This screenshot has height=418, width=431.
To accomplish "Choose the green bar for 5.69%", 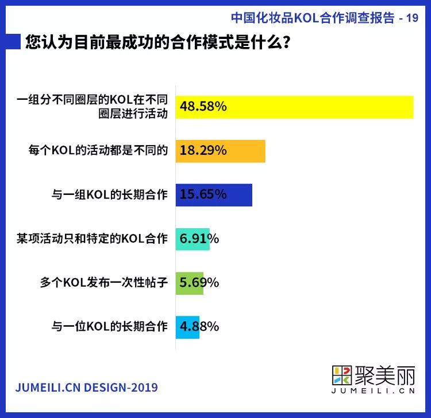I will click(x=190, y=283).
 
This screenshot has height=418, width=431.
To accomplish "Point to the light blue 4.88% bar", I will click(x=187, y=327).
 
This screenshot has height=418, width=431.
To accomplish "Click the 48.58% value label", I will click(x=203, y=107).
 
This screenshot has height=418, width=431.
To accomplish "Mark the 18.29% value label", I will click(x=203, y=151).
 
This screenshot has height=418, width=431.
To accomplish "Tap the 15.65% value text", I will click(x=203, y=194).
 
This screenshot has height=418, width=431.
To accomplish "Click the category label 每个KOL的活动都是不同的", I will click(x=98, y=151).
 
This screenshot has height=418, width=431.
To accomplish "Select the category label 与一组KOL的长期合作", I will click(x=109, y=195).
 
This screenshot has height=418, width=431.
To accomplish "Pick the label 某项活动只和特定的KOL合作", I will click(x=92, y=239).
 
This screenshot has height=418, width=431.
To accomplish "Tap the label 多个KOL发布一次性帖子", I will click(x=103, y=283).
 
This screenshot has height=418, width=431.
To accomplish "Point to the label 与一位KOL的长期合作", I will click(x=109, y=327).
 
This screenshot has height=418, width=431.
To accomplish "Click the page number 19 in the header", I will click(x=412, y=18).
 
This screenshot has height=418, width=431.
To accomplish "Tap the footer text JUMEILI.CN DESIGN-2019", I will click(x=86, y=388).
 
